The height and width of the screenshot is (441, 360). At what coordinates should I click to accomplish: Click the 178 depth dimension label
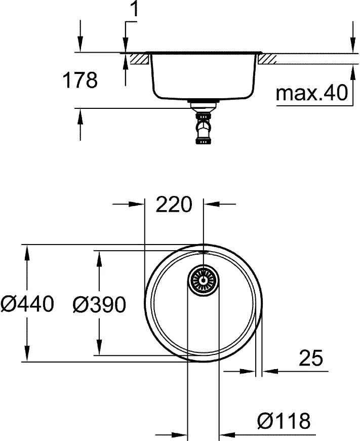tap(79, 80)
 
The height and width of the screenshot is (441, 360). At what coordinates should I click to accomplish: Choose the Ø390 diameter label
tap(99, 304)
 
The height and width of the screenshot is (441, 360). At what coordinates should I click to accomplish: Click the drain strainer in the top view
tap(204, 279)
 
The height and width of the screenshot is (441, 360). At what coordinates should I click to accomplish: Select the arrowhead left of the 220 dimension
tap(138, 205)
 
